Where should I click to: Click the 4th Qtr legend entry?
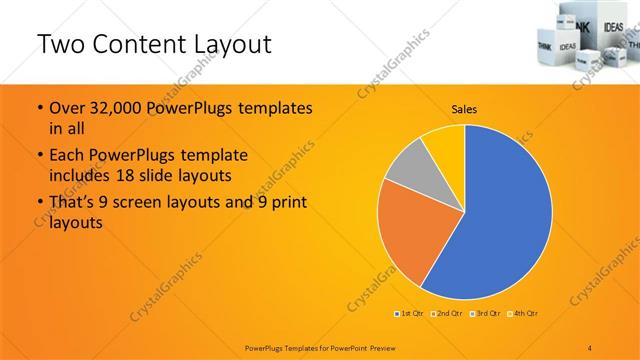click(x=524, y=314)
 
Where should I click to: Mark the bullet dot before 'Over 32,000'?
click(x=39, y=108)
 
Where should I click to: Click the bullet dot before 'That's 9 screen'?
click(x=39, y=204)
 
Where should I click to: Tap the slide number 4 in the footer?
click(x=589, y=345)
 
